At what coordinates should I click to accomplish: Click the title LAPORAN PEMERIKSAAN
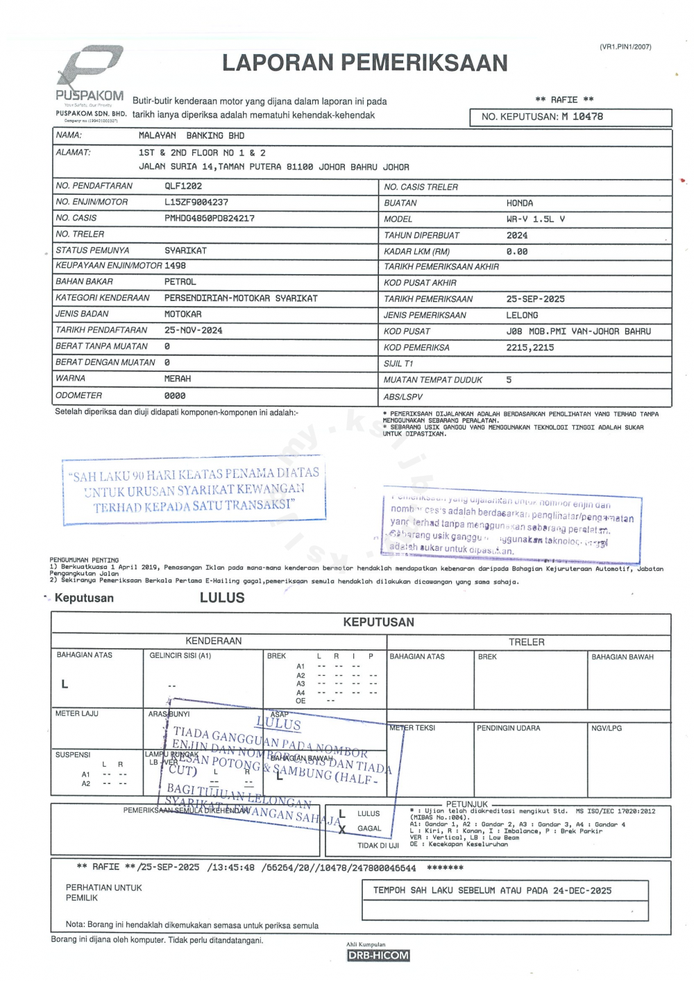point(365,63)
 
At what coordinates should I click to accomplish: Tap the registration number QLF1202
point(183,186)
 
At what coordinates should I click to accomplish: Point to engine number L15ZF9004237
point(196,202)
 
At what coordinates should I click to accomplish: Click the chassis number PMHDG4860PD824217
point(210,218)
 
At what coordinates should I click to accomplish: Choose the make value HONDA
point(520,203)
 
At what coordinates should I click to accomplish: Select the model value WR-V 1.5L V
point(536,219)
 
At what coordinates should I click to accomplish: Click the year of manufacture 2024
point(517,235)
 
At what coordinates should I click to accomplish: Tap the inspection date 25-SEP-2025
point(536,299)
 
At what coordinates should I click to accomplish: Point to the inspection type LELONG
point(522,315)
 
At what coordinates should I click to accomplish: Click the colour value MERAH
point(178,379)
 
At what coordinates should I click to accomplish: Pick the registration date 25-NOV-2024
point(194,330)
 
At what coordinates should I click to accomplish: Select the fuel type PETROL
point(180,282)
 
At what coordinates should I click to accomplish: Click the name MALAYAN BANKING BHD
point(192,136)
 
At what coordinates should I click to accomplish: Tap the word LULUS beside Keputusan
point(222,598)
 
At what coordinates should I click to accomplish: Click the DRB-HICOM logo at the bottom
point(378,955)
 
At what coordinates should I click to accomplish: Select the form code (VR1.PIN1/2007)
point(625,47)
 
